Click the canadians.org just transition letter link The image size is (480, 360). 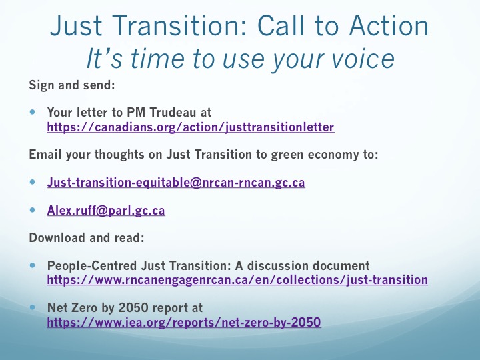[191, 127]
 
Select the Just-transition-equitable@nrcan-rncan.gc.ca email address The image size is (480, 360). [176, 183]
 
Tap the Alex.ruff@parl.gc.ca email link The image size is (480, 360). [106, 210]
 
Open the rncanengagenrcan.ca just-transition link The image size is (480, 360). [237, 280]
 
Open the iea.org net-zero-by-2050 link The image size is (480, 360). [184, 322]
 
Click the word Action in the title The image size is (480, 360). [389, 26]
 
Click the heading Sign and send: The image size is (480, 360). [72, 85]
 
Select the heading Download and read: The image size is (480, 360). [87, 237]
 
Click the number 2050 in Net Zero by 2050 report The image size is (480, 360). [133, 307]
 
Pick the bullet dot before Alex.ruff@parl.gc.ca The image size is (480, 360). [33, 210]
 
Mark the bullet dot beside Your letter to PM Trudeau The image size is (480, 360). [33, 112]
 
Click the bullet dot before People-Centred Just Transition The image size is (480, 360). [33, 265]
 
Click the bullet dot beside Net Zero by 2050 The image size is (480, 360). [33, 307]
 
